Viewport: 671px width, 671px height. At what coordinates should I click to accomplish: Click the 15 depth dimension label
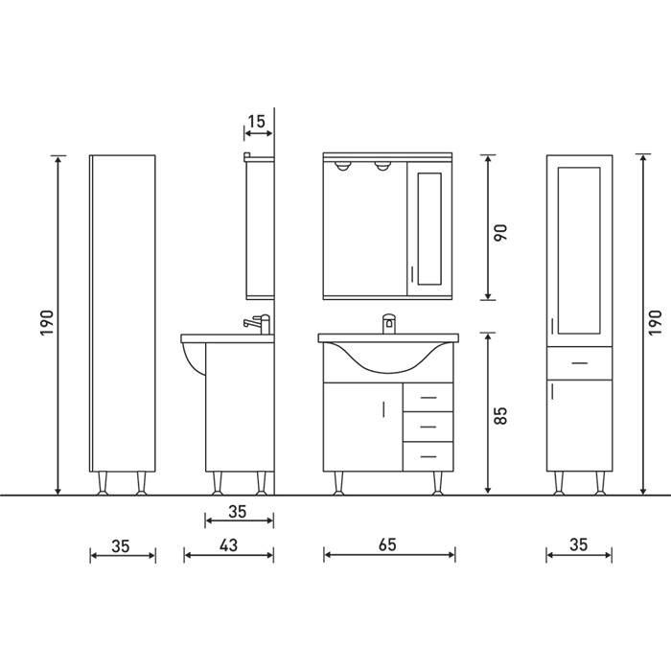click(x=257, y=122)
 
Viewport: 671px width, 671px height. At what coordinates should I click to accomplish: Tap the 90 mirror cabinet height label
click(x=500, y=232)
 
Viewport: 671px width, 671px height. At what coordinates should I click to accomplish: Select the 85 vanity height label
click(x=500, y=415)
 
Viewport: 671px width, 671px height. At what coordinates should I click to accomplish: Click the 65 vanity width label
click(x=387, y=544)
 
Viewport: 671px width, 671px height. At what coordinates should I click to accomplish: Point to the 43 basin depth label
click(x=228, y=545)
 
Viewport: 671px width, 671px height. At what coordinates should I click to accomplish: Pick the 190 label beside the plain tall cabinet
click(x=47, y=323)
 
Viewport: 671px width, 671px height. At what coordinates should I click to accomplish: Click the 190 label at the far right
click(x=655, y=323)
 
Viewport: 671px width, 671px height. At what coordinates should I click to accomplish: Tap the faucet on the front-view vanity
click(x=388, y=324)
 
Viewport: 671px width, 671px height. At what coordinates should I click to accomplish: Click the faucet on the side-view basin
click(x=258, y=324)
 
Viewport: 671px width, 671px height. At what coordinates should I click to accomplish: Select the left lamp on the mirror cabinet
click(x=342, y=166)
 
